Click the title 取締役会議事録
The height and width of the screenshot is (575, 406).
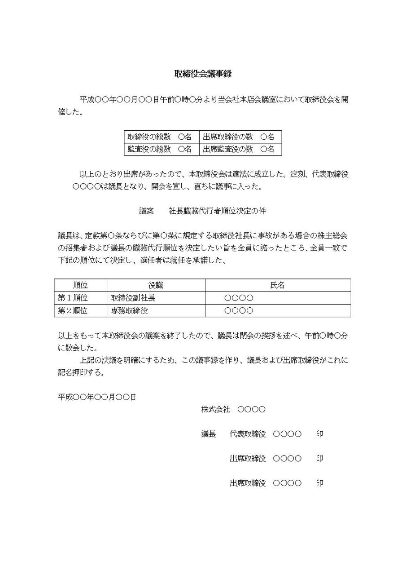[x=203, y=74]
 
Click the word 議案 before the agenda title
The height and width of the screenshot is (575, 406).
[x=146, y=211]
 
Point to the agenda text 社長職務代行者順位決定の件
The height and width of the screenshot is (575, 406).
[x=218, y=211]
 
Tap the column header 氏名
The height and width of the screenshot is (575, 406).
[x=278, y=285]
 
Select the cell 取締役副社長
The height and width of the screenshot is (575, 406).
[x=133, y=297]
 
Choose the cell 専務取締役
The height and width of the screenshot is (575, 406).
[x=130, y=310]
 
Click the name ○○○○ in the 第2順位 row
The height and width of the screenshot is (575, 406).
[x=239, y=310]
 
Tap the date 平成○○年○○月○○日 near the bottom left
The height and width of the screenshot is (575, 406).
[x=97, y=397]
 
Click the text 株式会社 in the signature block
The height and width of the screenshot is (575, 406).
[x=215, y=409]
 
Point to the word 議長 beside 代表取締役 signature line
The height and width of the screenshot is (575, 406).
[x=209, y=434]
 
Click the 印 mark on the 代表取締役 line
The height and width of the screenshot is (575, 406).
[x=319, y=434]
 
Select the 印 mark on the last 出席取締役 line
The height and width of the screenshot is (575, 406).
[x=319, y=483]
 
